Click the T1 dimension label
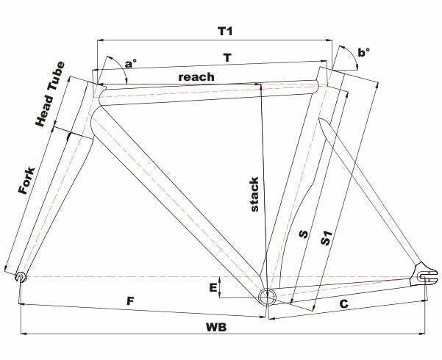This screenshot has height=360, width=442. pos(225,32)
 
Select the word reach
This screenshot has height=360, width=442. pos(196,76)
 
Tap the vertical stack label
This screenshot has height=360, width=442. pos(254,194)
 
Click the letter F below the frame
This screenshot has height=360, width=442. pos(129,301)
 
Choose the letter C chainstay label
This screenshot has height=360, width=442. pos(343,303)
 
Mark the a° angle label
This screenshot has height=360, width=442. pos(129,65)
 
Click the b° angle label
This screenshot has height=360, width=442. pos(363,52)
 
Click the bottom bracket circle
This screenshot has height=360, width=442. pos(267,297)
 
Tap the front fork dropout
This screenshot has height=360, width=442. pos(21,276)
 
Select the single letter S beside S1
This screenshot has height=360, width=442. pos(302,235)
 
